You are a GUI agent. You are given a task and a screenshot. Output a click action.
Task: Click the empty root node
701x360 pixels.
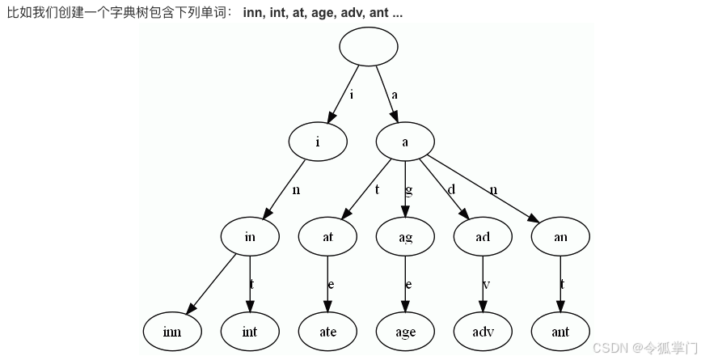pyautogui.click(x=369, y=46)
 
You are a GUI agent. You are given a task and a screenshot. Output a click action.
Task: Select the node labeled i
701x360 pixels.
pyautogui.click(x=318, y=142)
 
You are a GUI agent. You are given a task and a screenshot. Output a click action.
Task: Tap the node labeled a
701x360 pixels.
pyautogui.click(x=405, y=142)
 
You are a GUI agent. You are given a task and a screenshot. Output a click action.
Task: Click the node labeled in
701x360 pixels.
pyautogui.click(x=250, y=237)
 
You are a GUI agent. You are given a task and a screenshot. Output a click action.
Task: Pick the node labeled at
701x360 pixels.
pyautogui.click(x=327, y=237)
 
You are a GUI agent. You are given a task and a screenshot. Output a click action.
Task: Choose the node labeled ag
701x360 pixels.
pyautogui.click(x=405, y=237)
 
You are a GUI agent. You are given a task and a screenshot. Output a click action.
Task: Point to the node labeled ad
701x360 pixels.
pyautogui.click(x=483, y=237)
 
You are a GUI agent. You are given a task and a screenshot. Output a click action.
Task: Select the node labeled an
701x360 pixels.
pyautogui.click(x=560, y=237)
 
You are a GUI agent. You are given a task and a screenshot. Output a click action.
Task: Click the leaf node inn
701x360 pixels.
pyautogui.click(x=172, y=332)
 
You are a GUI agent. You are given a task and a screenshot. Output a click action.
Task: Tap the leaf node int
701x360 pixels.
pyautogui.click(x=250, y=332)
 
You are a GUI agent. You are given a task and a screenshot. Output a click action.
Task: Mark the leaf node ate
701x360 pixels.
pyautogui.click(x=327, y=332)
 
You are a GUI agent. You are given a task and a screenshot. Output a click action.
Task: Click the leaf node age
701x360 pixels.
pyautogui.click(x=405, y=332)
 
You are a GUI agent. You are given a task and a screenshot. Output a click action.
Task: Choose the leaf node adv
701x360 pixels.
pyautogui.click(x=483, y=332)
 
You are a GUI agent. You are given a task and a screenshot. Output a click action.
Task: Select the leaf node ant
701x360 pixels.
pyautogui.click(x=560, y=332)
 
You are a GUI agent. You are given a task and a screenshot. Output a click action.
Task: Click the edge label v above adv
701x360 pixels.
pyautogui.click(x=487, y=285)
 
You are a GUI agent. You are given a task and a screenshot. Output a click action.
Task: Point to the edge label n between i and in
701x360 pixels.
pyautogui.click(x=296, y=190)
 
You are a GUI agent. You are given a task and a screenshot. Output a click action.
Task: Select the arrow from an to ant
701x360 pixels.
pyautogui.click(x=560, y=283)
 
